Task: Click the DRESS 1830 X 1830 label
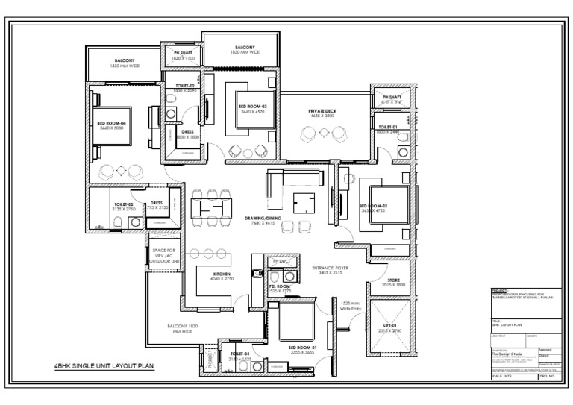tap(187, 134)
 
